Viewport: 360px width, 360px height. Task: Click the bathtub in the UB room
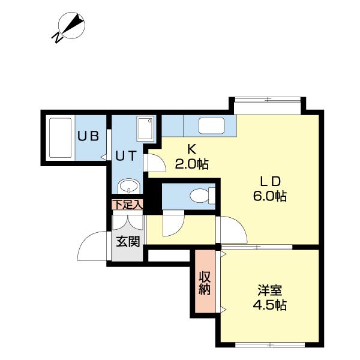tap(59, 139)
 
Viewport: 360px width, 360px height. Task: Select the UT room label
tap(127, 155)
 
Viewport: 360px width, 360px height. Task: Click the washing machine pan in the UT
tap(146, 129)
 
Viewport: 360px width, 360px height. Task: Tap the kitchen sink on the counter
tap(211, 126)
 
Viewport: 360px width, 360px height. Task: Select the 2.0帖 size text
tap(191, 164)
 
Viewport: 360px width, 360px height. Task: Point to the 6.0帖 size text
tap(270, 196)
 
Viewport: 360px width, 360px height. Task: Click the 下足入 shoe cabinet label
tap(127, 204)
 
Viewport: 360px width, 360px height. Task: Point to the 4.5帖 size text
tap(269, 305)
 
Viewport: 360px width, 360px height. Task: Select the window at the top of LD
tap(267, 100)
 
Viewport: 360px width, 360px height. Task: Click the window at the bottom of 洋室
tap(268, 345)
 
